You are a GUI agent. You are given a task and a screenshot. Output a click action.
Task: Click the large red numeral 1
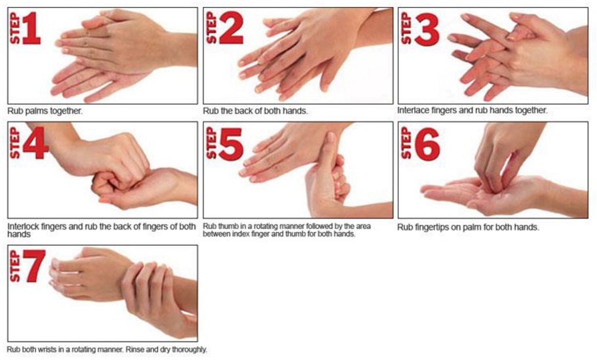31,29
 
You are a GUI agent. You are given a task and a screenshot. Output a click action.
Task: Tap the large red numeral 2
231,28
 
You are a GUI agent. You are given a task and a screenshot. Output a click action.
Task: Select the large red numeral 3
427,29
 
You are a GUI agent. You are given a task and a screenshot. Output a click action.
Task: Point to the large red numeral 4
35,143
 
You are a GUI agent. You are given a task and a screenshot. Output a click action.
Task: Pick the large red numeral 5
231,144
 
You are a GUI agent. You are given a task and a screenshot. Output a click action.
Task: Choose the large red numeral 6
427,144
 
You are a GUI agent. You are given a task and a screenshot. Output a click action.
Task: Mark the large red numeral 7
34,266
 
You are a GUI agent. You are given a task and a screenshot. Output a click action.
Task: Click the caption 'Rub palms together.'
45,111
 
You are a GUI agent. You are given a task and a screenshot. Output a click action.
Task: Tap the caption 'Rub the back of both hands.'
255,111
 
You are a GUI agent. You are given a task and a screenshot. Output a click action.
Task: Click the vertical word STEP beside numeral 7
14,266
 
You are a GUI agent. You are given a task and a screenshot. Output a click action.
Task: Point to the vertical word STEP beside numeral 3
406,29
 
